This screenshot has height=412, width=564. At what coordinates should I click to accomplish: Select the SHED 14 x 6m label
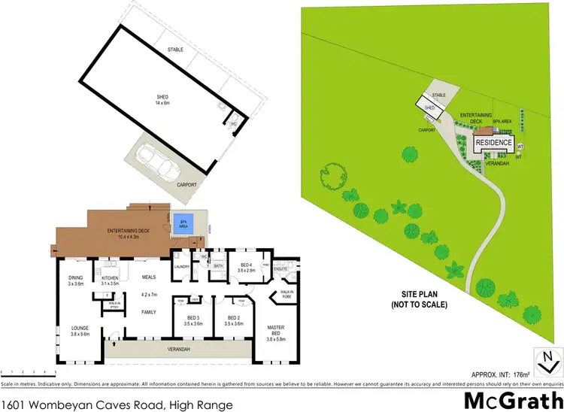(x=162, y=99)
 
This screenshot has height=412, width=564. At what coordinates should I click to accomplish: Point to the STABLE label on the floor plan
(x=175, y=50)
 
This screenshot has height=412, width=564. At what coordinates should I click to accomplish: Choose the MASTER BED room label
(x=278, y=331)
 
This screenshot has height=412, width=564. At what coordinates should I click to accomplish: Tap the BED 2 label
(x=227, y=320)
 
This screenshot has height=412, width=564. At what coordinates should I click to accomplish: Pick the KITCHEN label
(x=111, y=280)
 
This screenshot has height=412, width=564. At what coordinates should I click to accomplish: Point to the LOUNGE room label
(x=79, y=331)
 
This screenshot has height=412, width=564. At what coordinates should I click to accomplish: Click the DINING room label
(x=75, y=280)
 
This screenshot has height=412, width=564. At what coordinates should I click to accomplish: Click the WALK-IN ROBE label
(x=286, y=294)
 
